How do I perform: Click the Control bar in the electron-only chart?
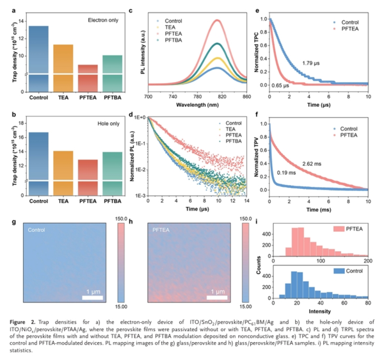click(38, 58)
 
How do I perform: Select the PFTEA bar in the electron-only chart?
click(88, 77)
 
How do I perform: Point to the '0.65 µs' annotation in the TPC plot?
click(280, 85)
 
